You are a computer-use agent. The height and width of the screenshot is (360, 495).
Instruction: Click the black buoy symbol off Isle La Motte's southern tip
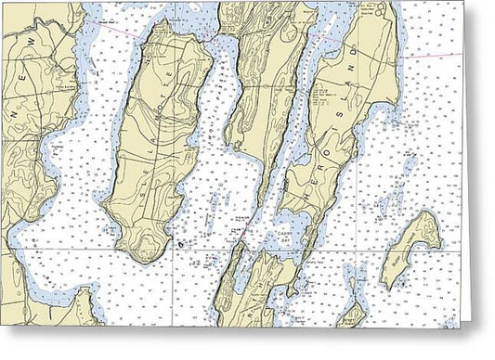(179, 244)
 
